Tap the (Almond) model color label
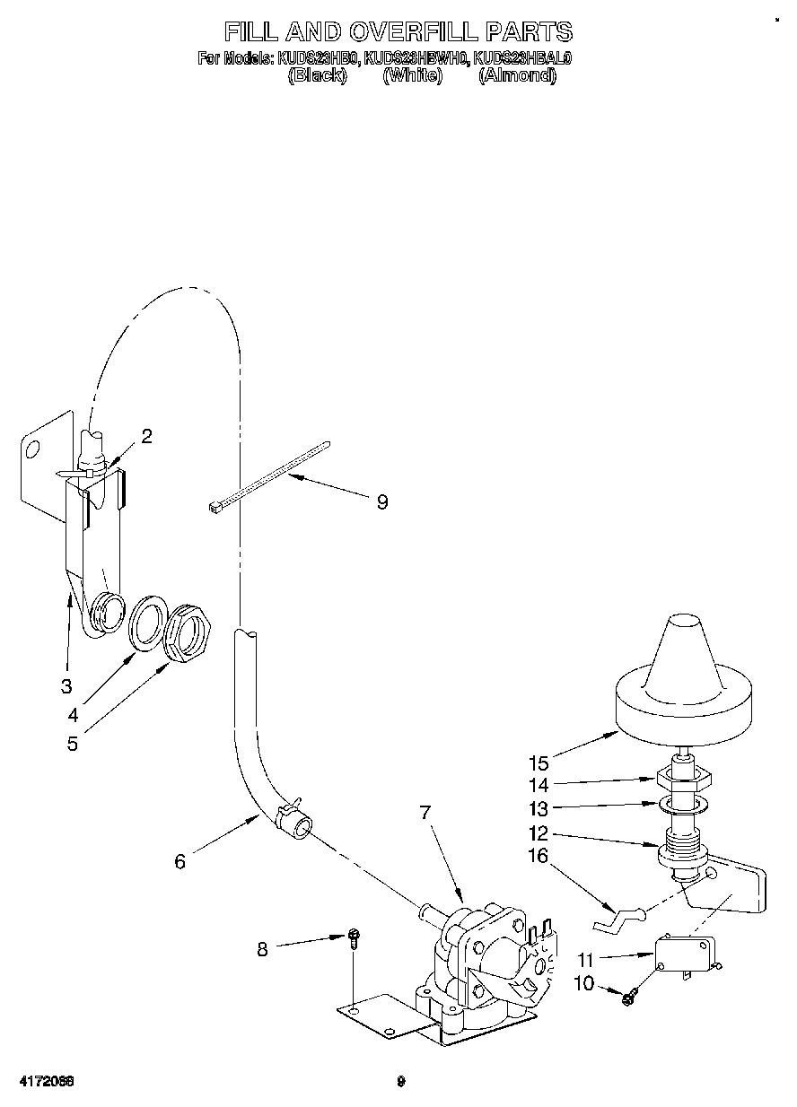pyautogui.click(x=517, y=76)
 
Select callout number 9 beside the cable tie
pyautogui.click(x=382, y=502)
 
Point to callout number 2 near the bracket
pyautogui.click(x=146, y=437)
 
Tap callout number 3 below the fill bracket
pyautogui.click(x=66, y=687)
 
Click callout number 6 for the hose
pyautogui.click(x=180, y=861)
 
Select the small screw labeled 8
pyautogui.click(x=355, y=939)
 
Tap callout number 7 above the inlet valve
pyautogui.click(x=425, y=813)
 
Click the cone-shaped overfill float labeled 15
pyautogui.click(x=682, y=682)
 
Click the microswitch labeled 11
pyautogui.click(x=687, y=950)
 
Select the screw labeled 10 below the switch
pyautogui.click(x=627, y=995)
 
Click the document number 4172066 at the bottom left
pyautogui.click(x=43, y=1082)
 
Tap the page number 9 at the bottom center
pyautogui.click(x=402, y=1082)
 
